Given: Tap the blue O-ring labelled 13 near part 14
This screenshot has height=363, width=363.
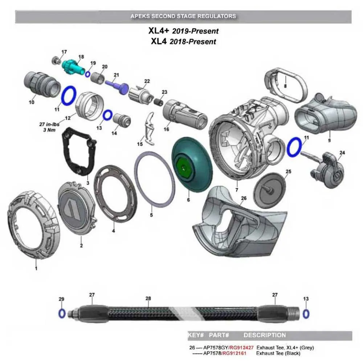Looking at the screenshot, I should click(107, 115).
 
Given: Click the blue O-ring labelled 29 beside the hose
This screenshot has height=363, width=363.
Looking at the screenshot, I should click(62, 313).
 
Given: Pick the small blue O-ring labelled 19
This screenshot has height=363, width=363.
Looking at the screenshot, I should click(87, 74).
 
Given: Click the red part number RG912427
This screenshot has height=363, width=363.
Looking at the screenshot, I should click(241, 347).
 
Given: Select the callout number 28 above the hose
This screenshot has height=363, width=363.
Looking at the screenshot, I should click(148, 298).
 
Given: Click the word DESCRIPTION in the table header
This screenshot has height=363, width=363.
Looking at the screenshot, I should click(264, 335).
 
